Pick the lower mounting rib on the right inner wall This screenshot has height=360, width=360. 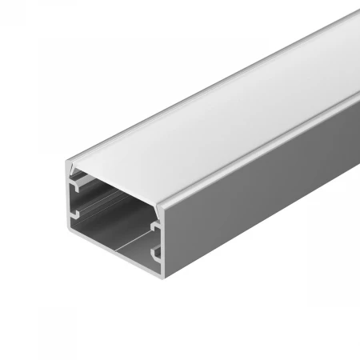pyautogui.click(x=157, y=255)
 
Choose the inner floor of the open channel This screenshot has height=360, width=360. pyautogui.click(x=120, y=240)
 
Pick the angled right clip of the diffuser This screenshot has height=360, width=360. pyautogui.click(x=157, y=210)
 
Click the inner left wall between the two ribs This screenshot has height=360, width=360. pyautogui.click(x=80, y=200)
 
